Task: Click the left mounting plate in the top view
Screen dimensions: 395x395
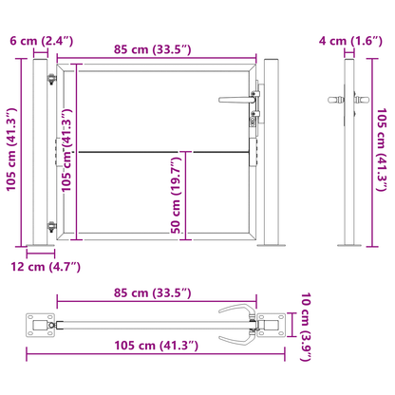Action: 40,325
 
